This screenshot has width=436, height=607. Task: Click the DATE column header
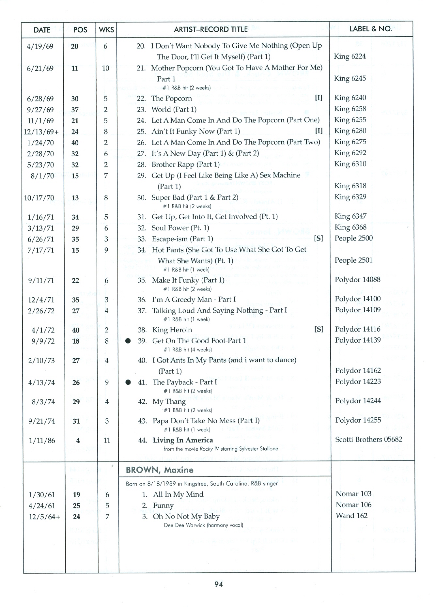click(x=42, y=30)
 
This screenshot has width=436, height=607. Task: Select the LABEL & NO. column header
click(x=371, y=29)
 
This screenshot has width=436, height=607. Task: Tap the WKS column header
click(x=106, y=30)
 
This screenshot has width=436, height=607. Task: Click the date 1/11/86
click(x=42, y=441)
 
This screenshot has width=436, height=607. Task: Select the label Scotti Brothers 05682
click(x=368, y=439)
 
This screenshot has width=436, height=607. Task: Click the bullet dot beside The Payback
click(x=128, y=382)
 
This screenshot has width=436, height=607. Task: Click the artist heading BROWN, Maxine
click(x=160, y=470)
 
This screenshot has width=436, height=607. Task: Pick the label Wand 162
click(x=351, y=516)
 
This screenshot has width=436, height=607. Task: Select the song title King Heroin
click(x=172, y=330)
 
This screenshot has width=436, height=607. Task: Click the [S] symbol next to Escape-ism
click(x=318, y=239)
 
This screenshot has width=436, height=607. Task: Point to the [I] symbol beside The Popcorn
click(x=319, y=98)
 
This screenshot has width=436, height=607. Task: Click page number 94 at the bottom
click(x=219, y=584)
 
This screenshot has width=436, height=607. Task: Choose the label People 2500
click(x=353, y=238)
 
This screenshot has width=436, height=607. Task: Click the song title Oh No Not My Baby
click(x=186, y=516)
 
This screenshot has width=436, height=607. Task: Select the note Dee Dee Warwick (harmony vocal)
click(x=203, y=525)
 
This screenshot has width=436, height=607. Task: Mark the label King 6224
click(x=350, y=56)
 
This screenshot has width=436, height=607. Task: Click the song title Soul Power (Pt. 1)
click(x=180, y=228)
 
